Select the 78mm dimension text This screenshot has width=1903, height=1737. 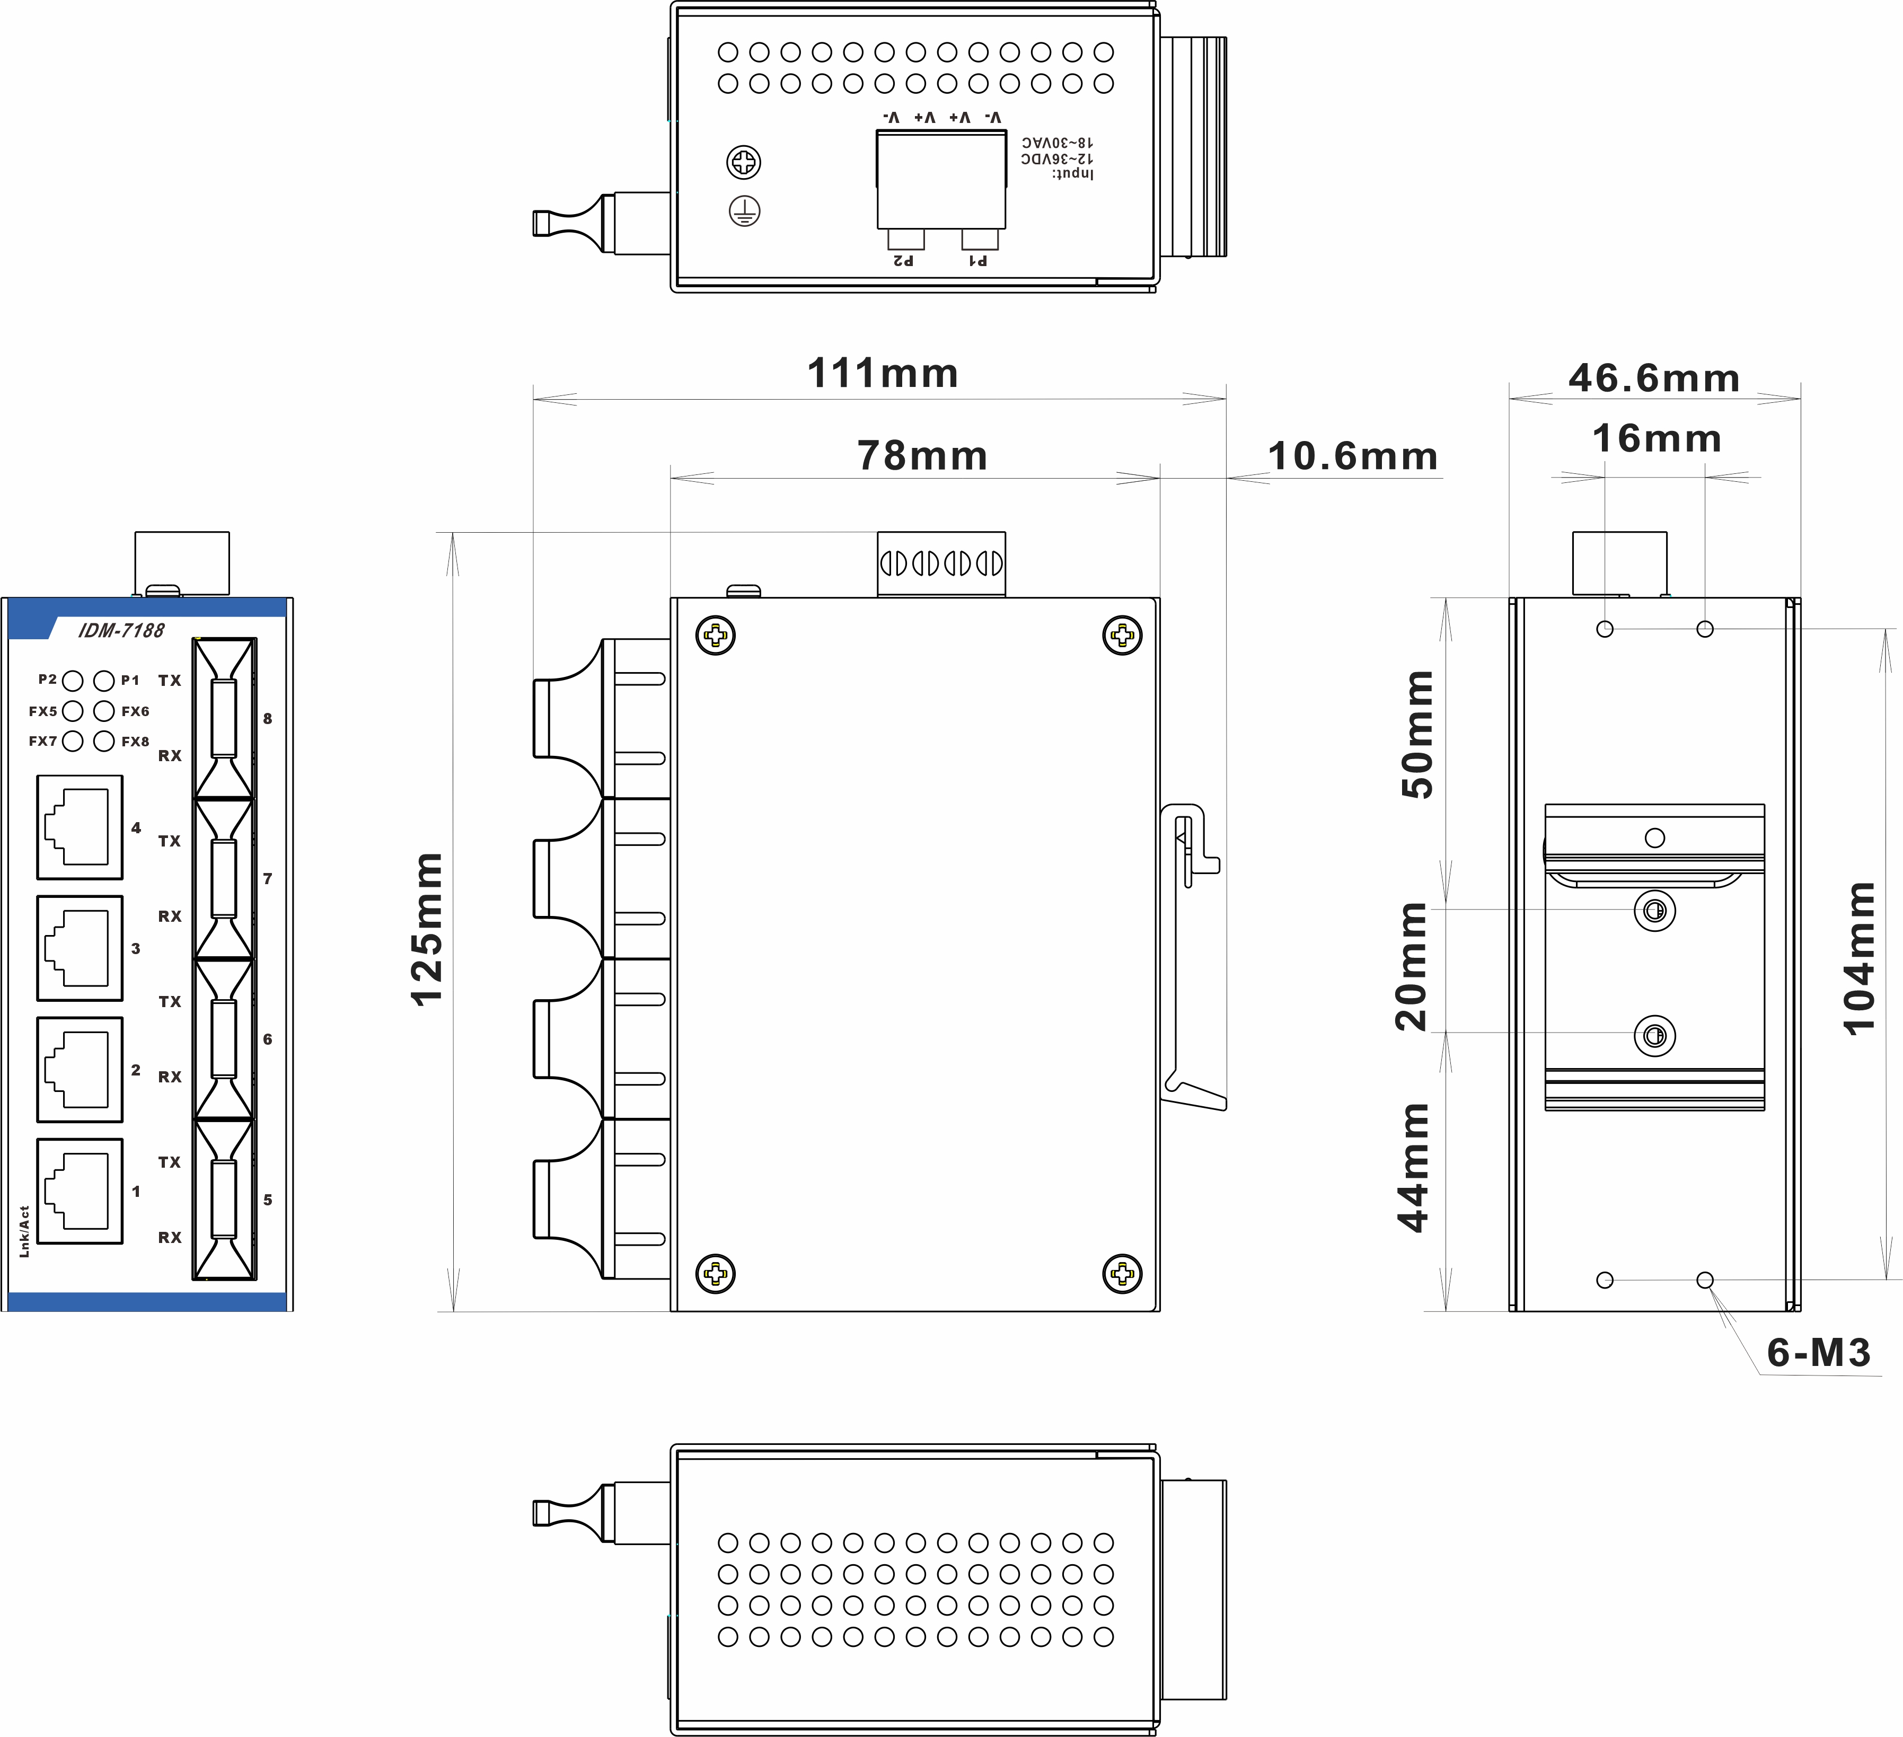click(922, 456)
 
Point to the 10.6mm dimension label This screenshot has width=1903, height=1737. click(1353, 456)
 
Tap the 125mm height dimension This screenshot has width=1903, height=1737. click(427, 930)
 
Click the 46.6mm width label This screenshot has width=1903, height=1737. click(1654, 378)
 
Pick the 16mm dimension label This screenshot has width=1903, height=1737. click(1657, 439)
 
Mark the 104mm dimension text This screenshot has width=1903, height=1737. click(1858, 959)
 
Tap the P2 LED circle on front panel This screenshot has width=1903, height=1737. click(73, 681)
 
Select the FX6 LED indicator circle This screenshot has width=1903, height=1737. click(104, 711)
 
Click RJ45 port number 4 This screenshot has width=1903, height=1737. click(80, 827)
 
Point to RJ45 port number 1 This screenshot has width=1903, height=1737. click(80, 1192)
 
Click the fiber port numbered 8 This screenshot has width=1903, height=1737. click(224, 718)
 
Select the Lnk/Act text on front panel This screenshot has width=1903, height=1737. click(24, 1231)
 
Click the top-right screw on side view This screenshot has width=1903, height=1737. click(1122, 636)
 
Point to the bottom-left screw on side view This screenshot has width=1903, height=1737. click(716, 1274)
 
